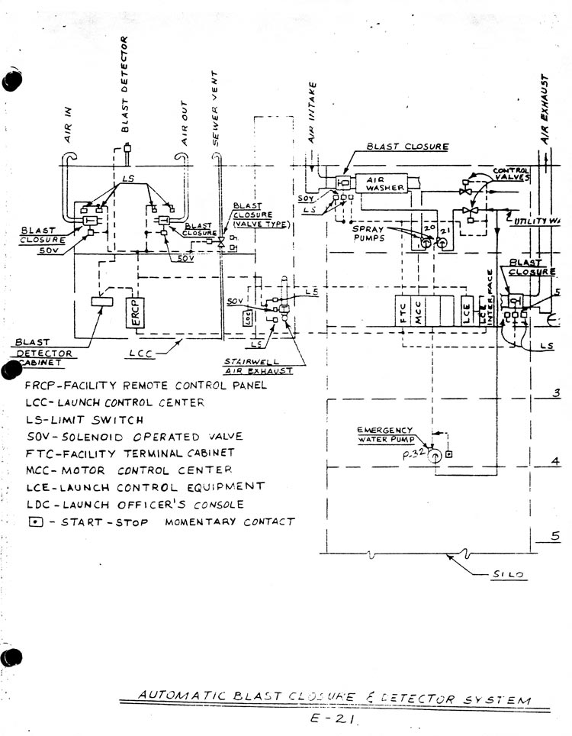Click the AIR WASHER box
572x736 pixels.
[x=378, y=181]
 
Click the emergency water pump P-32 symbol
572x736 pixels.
[x=435, y=456]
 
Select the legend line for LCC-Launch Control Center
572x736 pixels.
[x=114, y=402]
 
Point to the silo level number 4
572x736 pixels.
[x=556, y=461]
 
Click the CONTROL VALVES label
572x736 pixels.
[x=512, y=173]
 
